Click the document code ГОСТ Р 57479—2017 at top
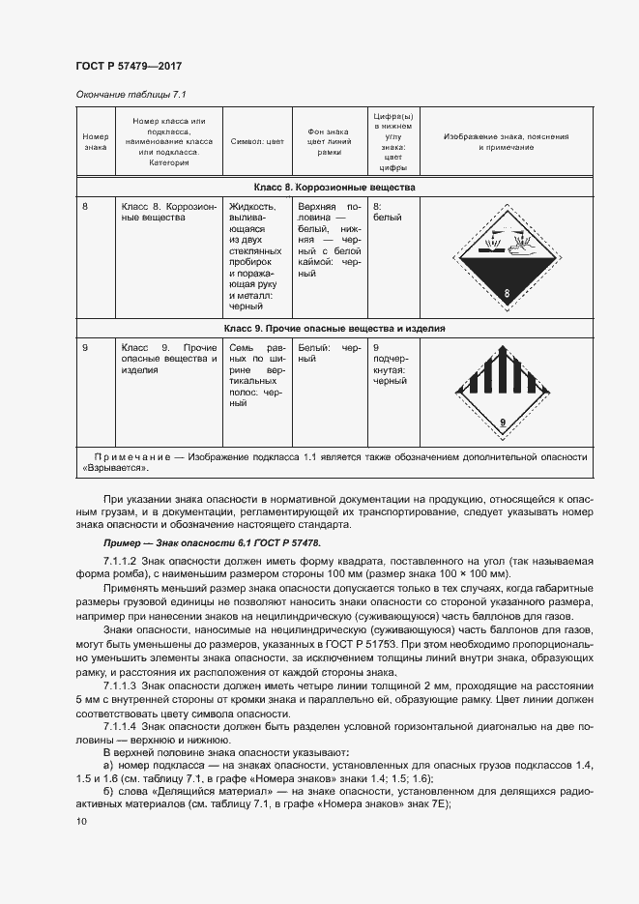(x=128, y=66)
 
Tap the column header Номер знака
(x=95, y=141)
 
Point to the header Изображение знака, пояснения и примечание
(x=506, y=141)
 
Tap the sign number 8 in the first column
(x=86, y=207)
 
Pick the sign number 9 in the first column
(x=86, y=347)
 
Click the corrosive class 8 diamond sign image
(x=506, y=256)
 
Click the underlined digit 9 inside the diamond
(x=503, y=422)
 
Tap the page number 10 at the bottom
(x=81, y=821)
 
